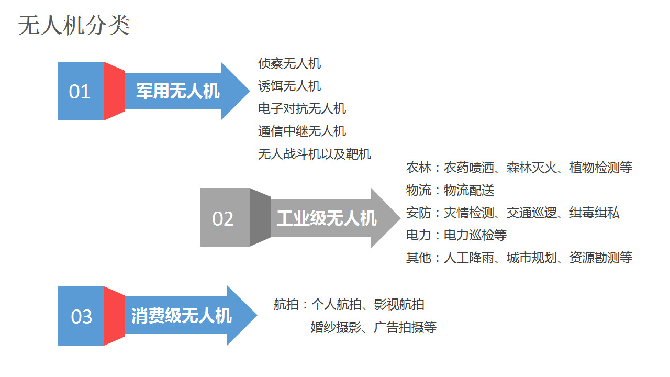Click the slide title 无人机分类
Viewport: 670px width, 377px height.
[74, 26]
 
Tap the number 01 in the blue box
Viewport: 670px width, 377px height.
[79, 92]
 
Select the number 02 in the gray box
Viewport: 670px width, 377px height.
[222, 219]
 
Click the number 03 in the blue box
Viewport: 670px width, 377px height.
[81, 317]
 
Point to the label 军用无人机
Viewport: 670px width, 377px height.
[178, 91]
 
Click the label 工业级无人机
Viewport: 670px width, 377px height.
[327, 218]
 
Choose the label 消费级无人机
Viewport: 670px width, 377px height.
[182, 316]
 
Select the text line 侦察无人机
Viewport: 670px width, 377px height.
[289, 63]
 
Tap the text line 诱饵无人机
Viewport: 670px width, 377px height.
[289, 86]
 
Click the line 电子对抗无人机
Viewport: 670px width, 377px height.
[302, 108]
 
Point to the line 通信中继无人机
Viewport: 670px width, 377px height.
[302, 131]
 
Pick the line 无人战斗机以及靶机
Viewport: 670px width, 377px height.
[315, 154]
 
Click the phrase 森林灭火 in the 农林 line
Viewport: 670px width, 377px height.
[531, 168]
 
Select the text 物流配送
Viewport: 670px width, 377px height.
[468, 190]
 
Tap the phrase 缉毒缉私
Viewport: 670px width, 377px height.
[594, 213]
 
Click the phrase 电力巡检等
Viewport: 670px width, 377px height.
[475, 235]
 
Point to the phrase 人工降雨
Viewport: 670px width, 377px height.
[468, 258]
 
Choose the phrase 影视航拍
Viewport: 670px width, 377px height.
[399, 305]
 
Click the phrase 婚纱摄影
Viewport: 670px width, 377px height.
[336, 327]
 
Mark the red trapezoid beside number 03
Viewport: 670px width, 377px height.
[114, 316]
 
